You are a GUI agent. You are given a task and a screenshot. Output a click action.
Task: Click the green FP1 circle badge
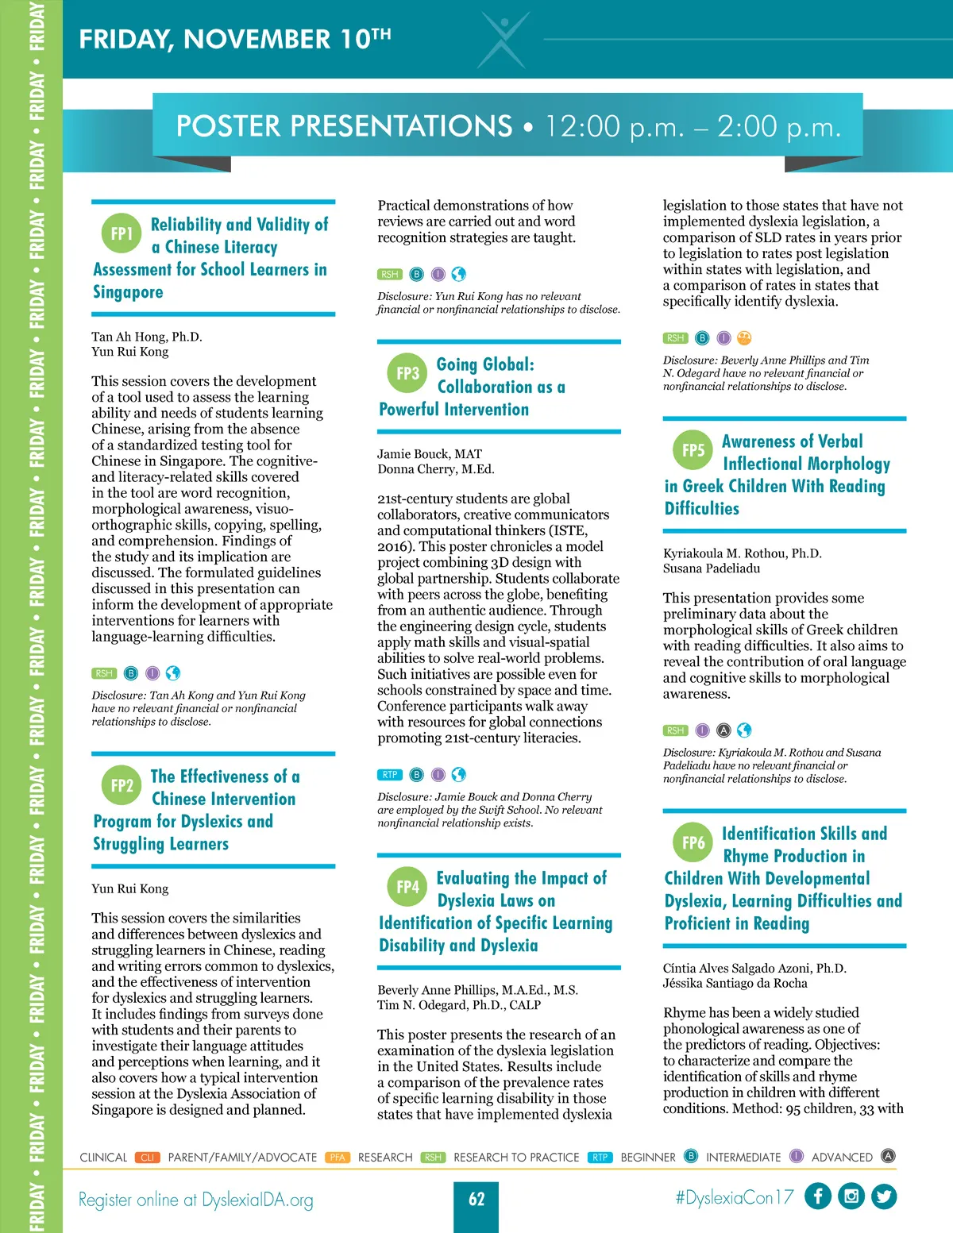(x=122, y=233)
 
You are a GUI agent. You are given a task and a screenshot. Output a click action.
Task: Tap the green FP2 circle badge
(x=122, y=786)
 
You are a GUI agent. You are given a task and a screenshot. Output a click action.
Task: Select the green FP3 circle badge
(x=407, y=373)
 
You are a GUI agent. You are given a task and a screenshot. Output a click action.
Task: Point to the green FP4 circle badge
(x=407, y=887)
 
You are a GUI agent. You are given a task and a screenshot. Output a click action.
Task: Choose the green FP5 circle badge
(x=693, y=450)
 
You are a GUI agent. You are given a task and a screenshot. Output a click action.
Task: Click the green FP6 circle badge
(x=693, y=842)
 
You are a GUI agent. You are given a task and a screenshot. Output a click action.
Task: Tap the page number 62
(x=476, y=1199)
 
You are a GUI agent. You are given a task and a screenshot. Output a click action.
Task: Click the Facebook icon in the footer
(x=818, y=1196)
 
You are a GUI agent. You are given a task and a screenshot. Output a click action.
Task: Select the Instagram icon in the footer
(x=851, y=1196)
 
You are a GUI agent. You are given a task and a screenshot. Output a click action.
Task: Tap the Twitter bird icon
(x=884, y=1196)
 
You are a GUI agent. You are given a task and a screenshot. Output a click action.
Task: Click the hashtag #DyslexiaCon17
(x=734, y=1198)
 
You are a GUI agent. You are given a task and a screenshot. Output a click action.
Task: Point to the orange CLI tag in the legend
(x=148, y=1158)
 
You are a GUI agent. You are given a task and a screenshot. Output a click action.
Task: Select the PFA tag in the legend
(x=338, y=1158)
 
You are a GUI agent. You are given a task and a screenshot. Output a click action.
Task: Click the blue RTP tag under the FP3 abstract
(x=390, y=775)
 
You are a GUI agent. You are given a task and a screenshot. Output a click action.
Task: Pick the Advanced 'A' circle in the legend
(x=889, y=1156)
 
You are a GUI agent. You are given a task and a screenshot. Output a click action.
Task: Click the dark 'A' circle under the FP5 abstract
(x=723, y=730)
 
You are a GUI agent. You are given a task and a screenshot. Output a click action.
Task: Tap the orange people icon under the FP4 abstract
(x=744, y=338)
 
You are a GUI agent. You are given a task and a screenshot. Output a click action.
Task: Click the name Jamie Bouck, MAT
(x=430, y=454)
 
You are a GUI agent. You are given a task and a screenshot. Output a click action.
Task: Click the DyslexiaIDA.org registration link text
(x=257, y=1200)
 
